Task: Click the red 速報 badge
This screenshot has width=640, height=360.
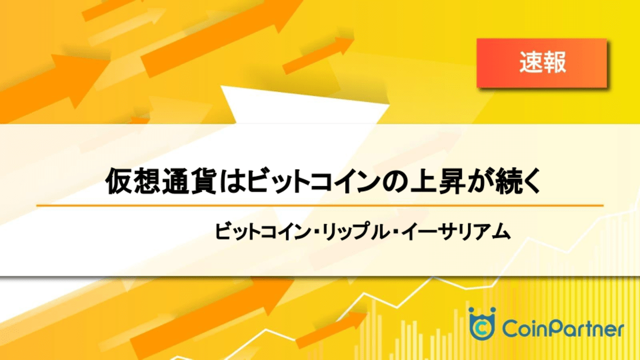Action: click(x=542, y=62)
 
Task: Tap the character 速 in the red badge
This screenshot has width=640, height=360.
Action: click(x=530, y=62)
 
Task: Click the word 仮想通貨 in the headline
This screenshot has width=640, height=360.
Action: click(x=161, y=181)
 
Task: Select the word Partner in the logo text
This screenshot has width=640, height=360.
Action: click(x=587, y=329)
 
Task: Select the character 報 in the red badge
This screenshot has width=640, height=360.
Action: click(x=554, y=62)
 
